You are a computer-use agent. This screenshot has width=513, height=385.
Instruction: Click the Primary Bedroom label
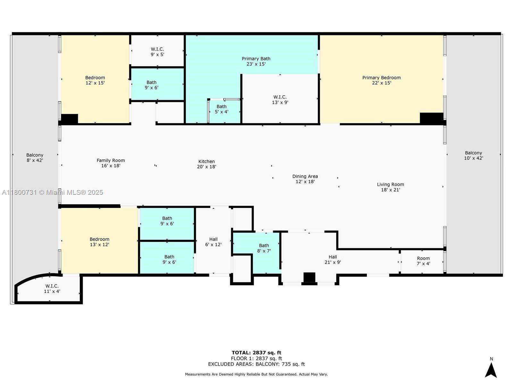click(382, 80)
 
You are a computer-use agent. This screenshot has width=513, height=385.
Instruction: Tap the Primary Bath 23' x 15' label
click(256, 61)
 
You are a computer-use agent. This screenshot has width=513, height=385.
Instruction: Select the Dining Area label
click(305, 179)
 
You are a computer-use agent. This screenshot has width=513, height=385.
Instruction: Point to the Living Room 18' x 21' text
click(390, 187)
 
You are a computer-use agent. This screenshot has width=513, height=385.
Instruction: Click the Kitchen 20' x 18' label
click(206, 164)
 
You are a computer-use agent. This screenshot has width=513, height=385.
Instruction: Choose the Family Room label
click(111, 163)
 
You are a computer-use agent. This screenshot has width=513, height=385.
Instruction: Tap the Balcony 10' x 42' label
click(473, 156)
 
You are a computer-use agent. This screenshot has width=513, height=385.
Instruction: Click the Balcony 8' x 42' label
click(35, 158)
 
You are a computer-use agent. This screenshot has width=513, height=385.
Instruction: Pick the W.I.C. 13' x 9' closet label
click(280, 99)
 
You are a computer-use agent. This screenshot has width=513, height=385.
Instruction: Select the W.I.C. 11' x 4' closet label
click(52, 289)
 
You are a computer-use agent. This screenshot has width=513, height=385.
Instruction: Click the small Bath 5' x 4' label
click(221, 109)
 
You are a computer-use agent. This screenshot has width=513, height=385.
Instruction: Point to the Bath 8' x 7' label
click(264, 248)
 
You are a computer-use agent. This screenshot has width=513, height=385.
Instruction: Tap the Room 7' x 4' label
click(423, 261)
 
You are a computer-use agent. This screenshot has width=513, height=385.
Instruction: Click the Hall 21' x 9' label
click(332, 260)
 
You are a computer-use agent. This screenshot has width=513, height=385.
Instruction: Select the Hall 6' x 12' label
click(213, 242)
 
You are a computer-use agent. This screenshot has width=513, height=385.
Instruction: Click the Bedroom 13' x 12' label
click(99, 242)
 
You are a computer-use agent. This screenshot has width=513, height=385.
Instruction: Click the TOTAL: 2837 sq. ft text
click(256, 353)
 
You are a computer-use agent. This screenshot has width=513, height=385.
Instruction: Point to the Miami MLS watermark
click(52, 193)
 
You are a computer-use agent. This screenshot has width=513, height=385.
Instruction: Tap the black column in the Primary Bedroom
click(432, 118)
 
